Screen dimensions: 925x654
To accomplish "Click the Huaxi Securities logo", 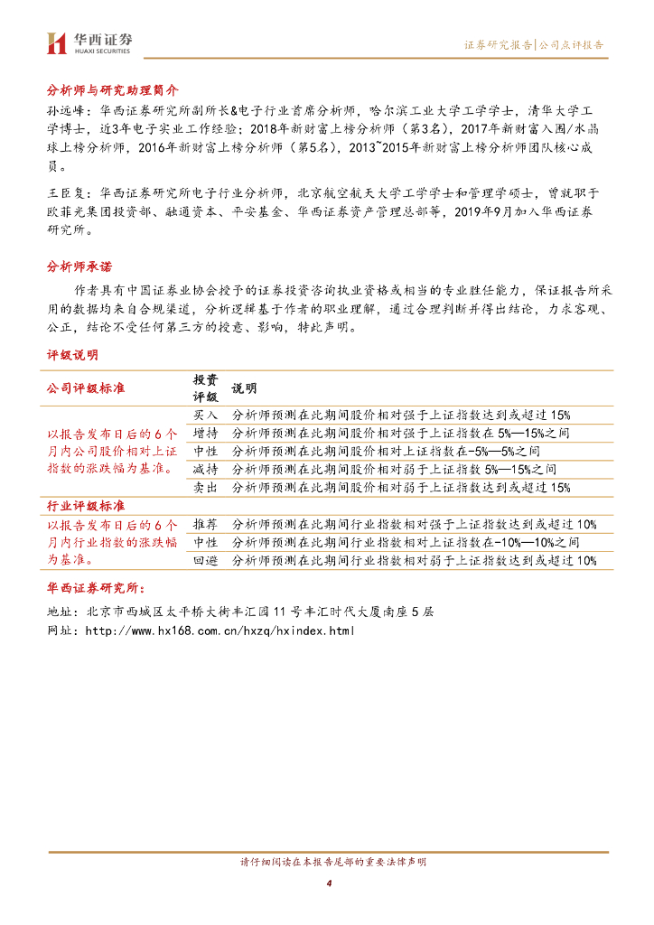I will tap(89, 42).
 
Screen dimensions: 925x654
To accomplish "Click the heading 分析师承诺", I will tap(79, 266).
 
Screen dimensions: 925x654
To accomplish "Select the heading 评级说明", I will tap(72, 355).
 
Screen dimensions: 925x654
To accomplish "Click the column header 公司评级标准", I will tap(86, 388).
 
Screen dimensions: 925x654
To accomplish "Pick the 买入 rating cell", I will tap(205, 415).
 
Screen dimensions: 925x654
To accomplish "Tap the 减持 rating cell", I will tap(205, 470).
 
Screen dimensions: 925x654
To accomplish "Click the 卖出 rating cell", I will tap(205, 488).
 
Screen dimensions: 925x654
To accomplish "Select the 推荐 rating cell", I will tap(205, 525).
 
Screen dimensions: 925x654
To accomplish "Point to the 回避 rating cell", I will tap(205, 561).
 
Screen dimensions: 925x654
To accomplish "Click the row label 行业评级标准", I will tap(86, 505).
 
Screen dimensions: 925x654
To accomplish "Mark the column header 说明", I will tap(244, 388).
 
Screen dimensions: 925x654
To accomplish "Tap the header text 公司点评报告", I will tap(572, 44).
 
